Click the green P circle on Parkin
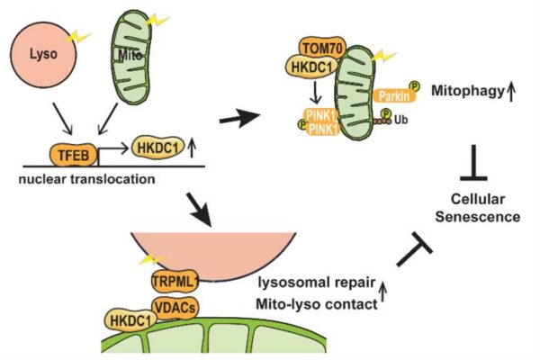pyautogui.click(x=417, y=85)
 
